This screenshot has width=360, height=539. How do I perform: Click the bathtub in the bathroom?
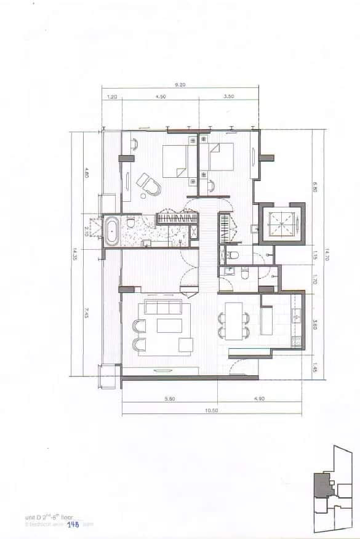coord(112,232)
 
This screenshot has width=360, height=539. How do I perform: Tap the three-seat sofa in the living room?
coord(161,308)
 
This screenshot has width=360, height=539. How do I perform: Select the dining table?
coord(234,321)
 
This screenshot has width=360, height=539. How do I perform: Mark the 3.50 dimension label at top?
coord(230,97)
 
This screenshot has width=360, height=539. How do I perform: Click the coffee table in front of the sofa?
coord(169,325)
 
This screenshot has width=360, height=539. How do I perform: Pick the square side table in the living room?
coord(186,345)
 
